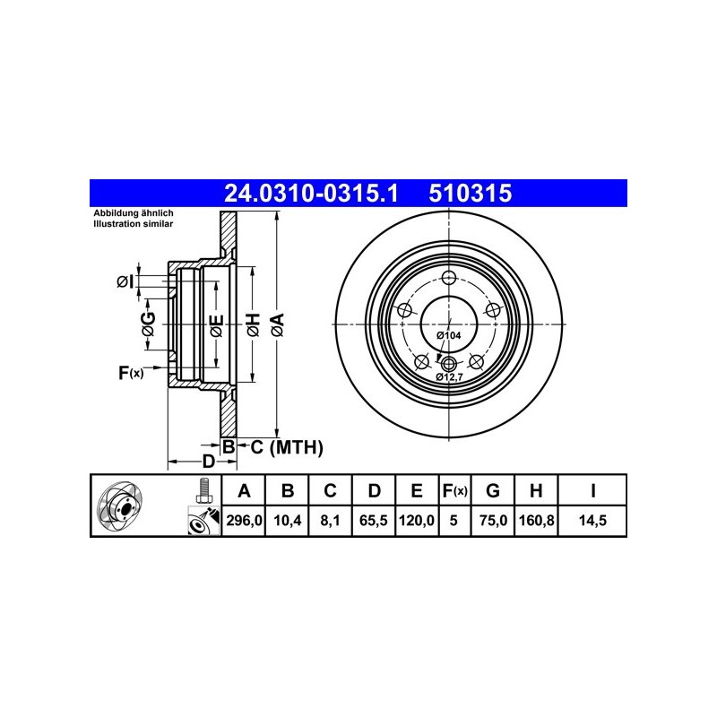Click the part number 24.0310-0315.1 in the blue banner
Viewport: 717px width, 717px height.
(311, 193)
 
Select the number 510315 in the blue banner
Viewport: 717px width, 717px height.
(470, 193)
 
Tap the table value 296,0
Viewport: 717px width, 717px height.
(244, 521)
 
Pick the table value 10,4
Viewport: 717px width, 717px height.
(288, 521)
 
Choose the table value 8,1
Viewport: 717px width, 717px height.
(330, 521)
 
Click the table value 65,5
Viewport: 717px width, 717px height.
(374, 521)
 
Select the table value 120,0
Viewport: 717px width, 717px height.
(417, 521)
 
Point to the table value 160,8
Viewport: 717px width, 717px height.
(536, 521)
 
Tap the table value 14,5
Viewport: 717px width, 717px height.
(592, 521)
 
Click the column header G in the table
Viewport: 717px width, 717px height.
(492, 490)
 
